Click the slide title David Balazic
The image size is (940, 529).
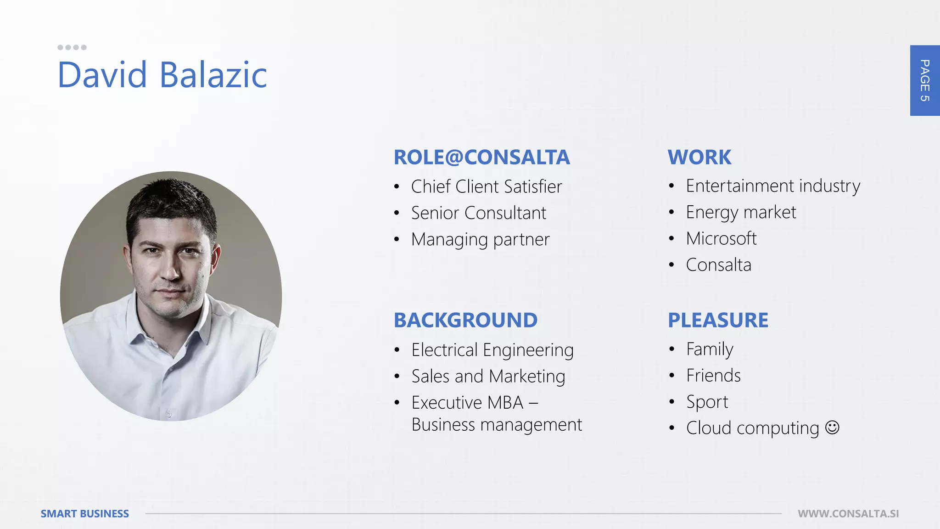pos(162,74)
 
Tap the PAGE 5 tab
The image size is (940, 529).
pos(924,80)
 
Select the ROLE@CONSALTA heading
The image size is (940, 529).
pos(481,158)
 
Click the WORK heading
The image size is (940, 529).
pos(699,158)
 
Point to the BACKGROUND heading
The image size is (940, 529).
pos(465,321)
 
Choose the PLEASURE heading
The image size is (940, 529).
pos(718,321)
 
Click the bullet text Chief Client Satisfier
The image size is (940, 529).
pos(487,187)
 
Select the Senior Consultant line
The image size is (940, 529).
pos(478,213)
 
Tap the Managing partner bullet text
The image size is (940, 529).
pos(480,240)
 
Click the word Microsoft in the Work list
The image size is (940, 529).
pos(721,239)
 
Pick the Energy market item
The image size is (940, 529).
pos(741,213)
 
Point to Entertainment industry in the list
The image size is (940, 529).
pos(773,186)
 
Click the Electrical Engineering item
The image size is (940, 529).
pos(492,350)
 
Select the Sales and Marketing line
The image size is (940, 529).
pos(488,377)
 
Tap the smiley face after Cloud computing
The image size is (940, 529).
pos(832,428)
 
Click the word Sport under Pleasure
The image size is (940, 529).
pos(707,402)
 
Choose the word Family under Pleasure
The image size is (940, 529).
pos(710,349)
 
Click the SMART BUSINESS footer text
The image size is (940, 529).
pos(85,514)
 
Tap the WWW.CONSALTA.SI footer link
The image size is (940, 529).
pos(848,514)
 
